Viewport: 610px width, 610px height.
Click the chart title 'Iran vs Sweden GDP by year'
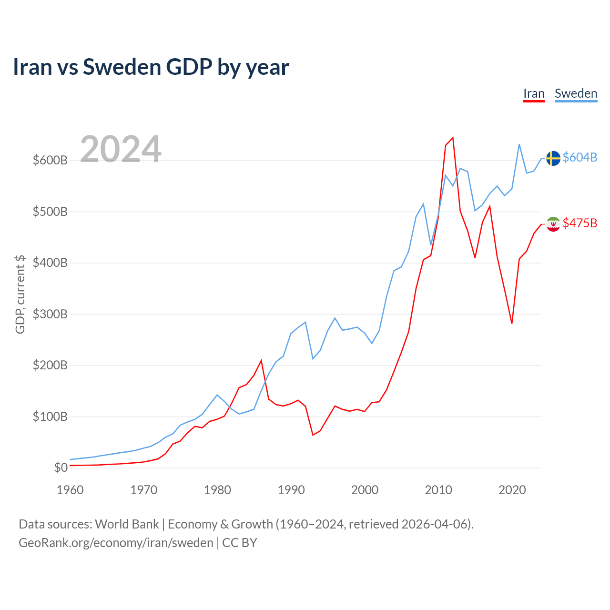(x=151, y=67)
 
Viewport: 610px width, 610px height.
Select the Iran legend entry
(x=533, y=94)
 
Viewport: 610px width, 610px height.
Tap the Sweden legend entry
(x=576, y=94)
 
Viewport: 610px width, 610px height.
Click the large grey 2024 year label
(x=120, y=149)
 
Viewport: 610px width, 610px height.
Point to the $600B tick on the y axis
(x=51, y=160)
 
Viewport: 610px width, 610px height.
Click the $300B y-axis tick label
(x=51, y=314)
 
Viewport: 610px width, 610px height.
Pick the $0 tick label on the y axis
(x=61, y=468)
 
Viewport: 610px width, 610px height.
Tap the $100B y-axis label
(x=51, y=416)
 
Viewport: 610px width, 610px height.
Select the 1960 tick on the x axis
(x=70, y=490)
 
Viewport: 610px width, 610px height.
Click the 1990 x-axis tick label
(x=291, y=490)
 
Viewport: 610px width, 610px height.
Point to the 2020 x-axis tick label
(x=512, y=490)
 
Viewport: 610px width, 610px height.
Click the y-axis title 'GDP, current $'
(x=20, y=295)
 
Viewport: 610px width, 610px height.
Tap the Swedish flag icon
(x=553, y=158)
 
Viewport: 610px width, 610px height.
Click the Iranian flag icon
(x=553, y=224)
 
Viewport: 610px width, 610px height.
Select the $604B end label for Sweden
(x=580, y=157)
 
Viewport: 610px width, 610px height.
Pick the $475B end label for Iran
(x=580, y=223)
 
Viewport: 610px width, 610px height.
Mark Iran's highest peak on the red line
(x=453, y=138)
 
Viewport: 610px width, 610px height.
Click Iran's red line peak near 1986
(x=261, y=360)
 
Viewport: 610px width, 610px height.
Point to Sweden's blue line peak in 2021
(x=519, y=144)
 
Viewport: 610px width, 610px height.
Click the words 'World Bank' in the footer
(x=127, y=524)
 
